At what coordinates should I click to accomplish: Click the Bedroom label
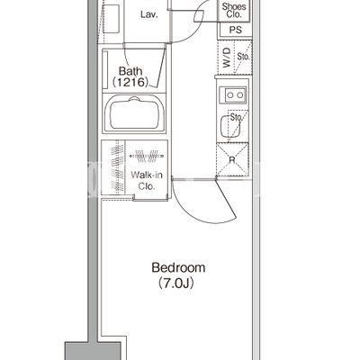tap(178, 267)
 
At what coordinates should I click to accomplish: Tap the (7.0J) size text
tap(176, 283)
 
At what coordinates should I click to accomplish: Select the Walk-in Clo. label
tap(147, 180)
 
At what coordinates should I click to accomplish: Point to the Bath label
tap(130, 71)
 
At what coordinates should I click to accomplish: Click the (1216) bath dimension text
tap(130, 82)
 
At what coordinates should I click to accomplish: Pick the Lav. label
tap(149, 14)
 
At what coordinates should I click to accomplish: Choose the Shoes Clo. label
tap(234, 10)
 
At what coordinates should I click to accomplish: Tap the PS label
tap(236, 30)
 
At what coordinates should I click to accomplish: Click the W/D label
tap(227, 58)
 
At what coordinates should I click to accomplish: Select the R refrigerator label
tap(232, 160)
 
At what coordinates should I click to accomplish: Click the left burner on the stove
tap(230, 95)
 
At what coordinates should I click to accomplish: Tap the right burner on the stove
tap(240, 95)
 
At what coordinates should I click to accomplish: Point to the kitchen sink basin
tap(230, 126)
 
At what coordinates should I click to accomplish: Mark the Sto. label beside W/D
tap(243, 56)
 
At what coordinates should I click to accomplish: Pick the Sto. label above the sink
tap(236, 118)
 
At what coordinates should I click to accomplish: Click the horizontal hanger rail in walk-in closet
tap(147, 156)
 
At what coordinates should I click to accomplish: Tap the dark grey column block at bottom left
tap(93, 351)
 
